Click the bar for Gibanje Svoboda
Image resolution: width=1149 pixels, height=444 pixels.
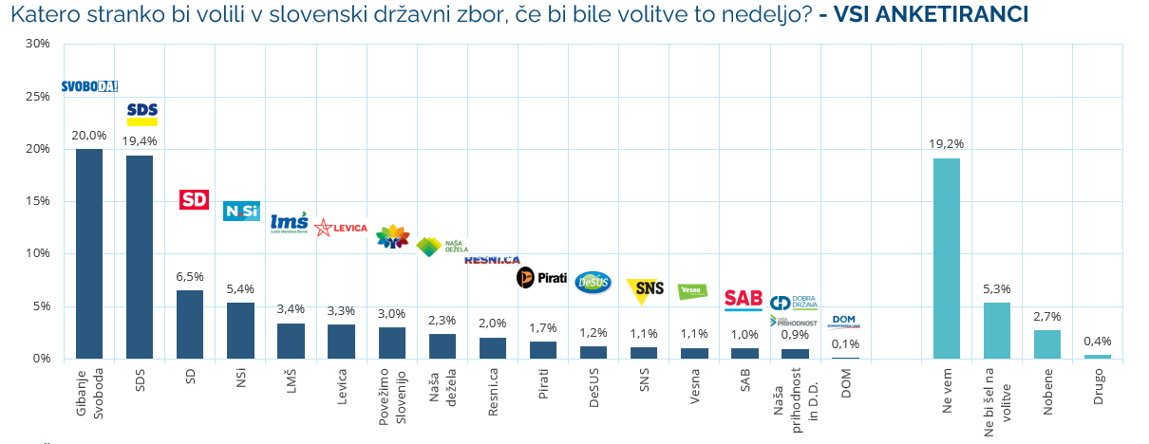(89, 254)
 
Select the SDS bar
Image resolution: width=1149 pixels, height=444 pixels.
(140, 257)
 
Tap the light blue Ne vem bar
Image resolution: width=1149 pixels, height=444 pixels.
(947, 258)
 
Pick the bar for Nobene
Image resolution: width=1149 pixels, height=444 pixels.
(1046, 344)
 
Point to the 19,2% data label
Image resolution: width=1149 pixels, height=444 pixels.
(947, 144)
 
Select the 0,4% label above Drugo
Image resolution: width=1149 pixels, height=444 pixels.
(1097, 342)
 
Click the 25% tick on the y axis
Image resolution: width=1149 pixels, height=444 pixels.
(37, 97)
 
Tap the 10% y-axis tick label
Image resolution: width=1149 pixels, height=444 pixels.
(37, 253)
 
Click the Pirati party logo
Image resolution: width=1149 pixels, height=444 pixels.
(541, 278)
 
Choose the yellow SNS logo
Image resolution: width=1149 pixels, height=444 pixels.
(646, 290)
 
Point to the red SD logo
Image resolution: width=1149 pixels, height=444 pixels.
(194, 199)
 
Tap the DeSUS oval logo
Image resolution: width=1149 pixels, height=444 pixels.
(593, 283)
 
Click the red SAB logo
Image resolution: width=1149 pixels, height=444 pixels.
(744, 300)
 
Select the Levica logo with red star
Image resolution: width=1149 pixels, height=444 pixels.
(341, 228)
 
